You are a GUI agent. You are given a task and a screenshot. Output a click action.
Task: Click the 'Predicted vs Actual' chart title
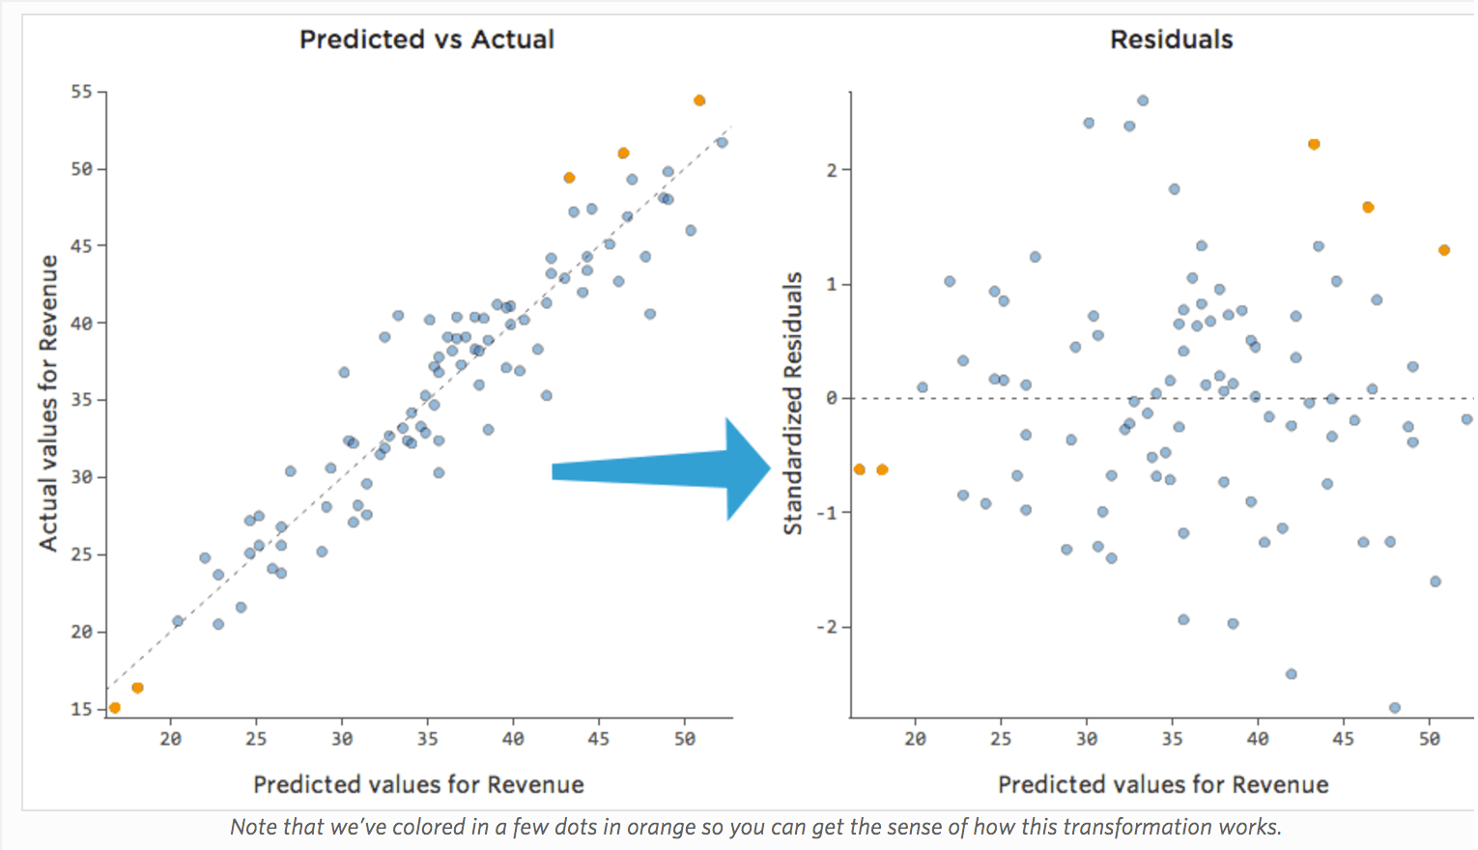427,40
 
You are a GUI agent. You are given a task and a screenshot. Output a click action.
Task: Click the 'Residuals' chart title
1171,40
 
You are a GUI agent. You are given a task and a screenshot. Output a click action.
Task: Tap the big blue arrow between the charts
667,470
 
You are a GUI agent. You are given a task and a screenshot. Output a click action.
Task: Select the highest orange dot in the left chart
699,100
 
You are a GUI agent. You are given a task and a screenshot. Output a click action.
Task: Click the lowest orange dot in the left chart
115,708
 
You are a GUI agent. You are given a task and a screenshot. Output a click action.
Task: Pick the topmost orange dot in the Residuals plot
1314,144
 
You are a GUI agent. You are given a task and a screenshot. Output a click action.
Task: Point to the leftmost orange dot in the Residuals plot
860,469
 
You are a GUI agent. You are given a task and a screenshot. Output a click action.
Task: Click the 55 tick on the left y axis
81,92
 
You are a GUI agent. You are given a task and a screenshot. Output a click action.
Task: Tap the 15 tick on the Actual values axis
81,709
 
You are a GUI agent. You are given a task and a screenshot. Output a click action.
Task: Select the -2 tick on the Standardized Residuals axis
827,627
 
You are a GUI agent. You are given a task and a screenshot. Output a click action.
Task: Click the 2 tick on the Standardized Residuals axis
832,170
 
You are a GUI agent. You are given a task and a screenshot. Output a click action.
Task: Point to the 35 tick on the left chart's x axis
427,739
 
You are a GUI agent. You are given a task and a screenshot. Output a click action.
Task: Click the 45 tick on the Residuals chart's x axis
1343,739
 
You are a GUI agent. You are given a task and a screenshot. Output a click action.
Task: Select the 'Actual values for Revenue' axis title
48,404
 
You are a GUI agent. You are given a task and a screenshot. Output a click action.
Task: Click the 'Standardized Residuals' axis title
793,404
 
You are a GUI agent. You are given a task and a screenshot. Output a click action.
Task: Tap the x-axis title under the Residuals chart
1163,784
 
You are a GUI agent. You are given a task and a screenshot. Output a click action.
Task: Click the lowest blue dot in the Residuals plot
1394,708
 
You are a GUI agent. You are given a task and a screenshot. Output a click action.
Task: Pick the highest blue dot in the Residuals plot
1143,100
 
